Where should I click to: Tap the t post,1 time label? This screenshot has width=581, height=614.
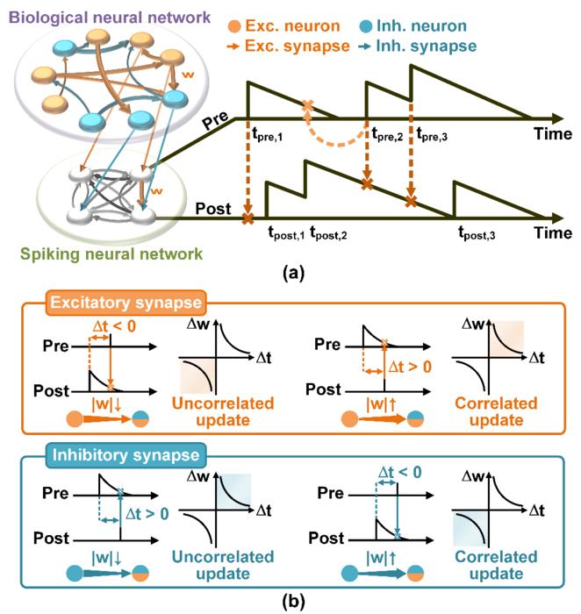click(287, 235)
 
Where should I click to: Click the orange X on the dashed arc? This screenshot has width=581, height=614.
click(307, 109)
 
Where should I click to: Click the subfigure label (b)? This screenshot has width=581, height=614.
click(290, 603)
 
